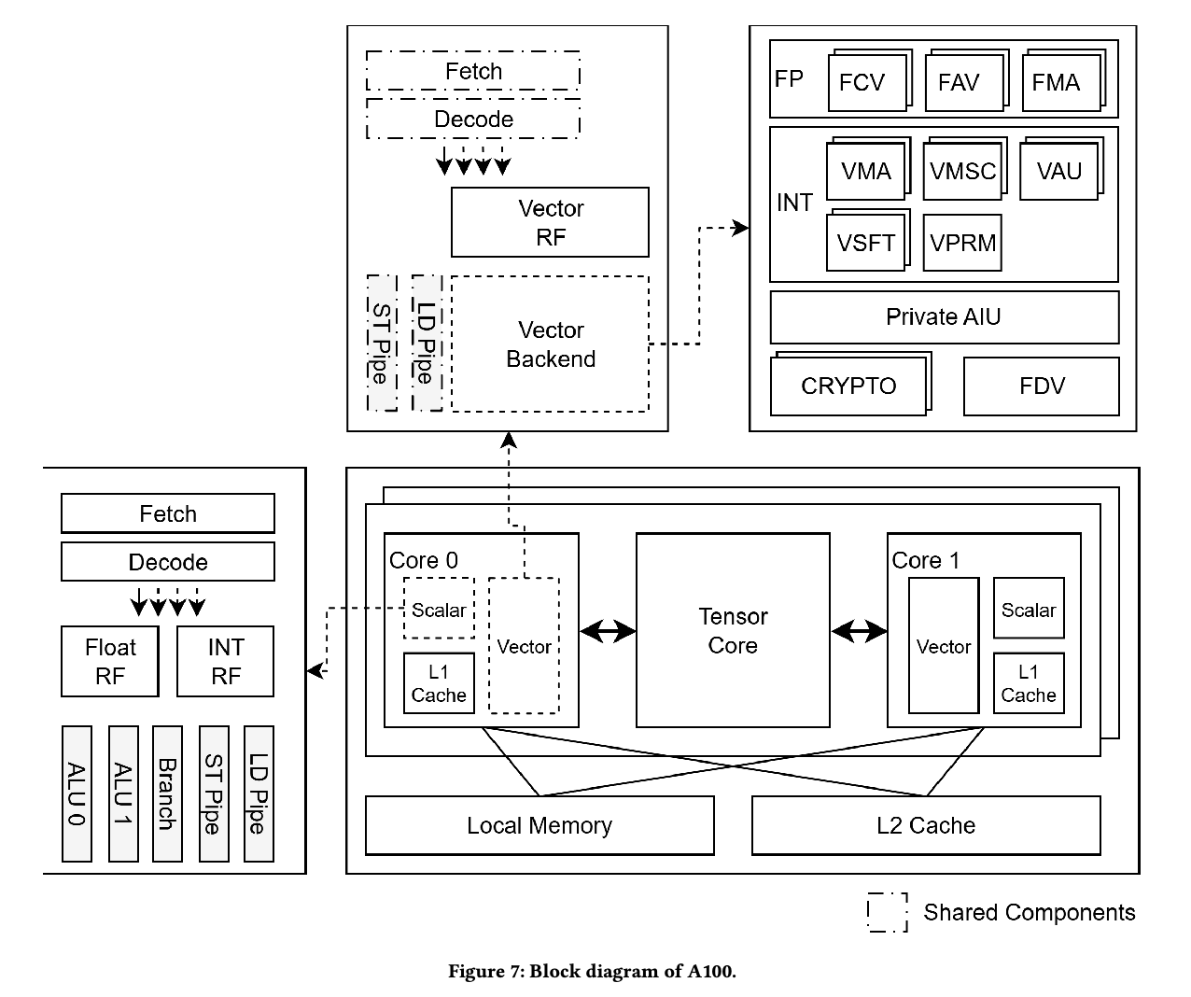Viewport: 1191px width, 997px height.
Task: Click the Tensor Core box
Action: click(733, 630)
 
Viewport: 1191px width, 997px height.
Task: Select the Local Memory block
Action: click(539, 825)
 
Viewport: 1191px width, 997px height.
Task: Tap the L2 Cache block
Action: click(926, 825)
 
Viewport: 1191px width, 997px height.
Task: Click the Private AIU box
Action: click(944, 317)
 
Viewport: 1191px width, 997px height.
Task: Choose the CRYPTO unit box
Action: click(848, 386)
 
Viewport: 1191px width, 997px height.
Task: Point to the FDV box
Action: click(1041, 386)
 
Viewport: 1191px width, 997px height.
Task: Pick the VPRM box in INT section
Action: click(962, 243)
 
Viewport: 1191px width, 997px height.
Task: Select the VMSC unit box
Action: click(962, 172)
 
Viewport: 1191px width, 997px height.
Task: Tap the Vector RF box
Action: click(550, 222)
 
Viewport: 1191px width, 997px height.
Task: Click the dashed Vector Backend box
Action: click(550, 344)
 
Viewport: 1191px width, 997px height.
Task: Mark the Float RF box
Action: click(110, 661)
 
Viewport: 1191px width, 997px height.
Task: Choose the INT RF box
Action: click(225, 661)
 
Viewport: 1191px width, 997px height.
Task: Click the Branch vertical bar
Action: click(167, 793)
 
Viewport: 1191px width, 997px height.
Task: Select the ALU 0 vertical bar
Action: click(77, 793)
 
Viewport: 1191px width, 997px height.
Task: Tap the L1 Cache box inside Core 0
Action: click(439, 684)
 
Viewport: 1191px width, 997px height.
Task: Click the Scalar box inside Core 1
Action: click(1029, 609)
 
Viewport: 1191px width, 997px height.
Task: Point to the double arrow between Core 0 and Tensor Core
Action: click(608, 632)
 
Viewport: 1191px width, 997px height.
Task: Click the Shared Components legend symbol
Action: click(888, 912)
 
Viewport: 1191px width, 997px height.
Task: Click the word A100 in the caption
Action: click(711, 972)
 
